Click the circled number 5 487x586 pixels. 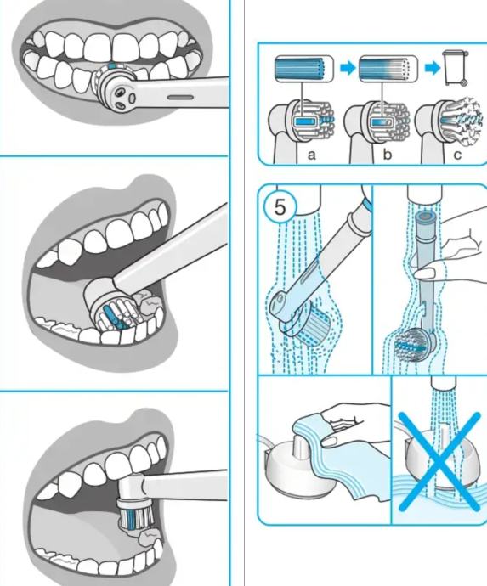(x=280, y=207)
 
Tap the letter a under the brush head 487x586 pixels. (x=312, y=155)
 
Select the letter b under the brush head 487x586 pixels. (x=387, y=154)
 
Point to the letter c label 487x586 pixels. (x=457, y=155)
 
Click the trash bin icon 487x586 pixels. (x=456, y=68)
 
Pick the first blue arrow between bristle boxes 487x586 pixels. (x=348, y=69)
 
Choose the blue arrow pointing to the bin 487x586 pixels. (x=432, y=69)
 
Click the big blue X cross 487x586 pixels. (x=439, y=461)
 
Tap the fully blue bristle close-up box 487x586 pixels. (x=304, y=69)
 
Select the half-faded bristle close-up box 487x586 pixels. (x=388, y=69)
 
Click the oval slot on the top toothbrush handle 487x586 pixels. (x=180, y=98)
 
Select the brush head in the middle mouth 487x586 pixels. (x=112, y=305)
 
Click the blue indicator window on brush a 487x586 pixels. (x=306, y=121)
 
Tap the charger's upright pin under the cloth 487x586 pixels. (x=300, y=446)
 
